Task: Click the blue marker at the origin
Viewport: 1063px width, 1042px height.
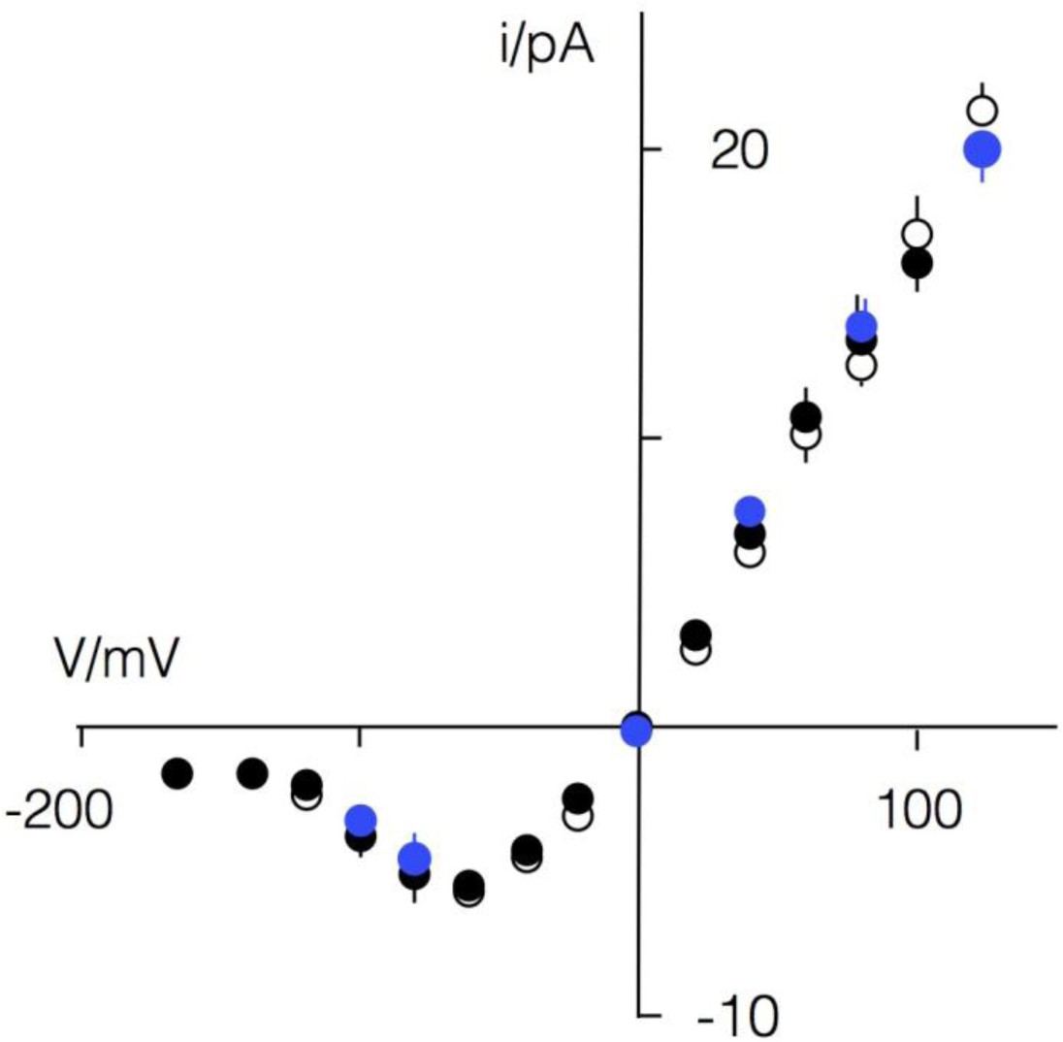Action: coord(636,730)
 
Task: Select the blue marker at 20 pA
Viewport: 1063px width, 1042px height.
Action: coord(982,148)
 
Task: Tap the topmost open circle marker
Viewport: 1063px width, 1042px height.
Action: coord(982,110)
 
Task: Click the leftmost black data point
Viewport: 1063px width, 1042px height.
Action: coord(177,773)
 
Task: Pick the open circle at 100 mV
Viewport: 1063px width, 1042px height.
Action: coord(917,234)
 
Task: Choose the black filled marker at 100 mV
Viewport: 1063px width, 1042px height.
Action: coord(917,263)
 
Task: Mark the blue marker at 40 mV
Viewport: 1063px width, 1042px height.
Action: coord(750,510)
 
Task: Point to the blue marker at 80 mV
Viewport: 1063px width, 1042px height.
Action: coord(861,326)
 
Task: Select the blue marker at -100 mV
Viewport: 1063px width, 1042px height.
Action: coord(361,819)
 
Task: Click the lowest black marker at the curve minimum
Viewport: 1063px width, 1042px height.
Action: coord(468,885)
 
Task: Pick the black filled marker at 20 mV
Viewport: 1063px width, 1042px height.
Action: coord(694,635)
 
